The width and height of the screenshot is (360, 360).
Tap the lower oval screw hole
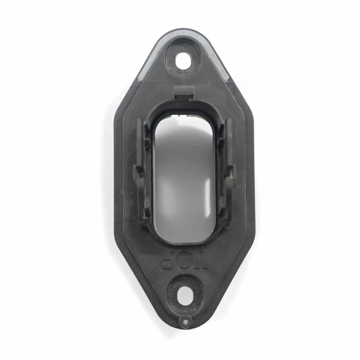coord(183,294)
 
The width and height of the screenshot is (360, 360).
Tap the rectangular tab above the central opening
coord(184,92)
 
